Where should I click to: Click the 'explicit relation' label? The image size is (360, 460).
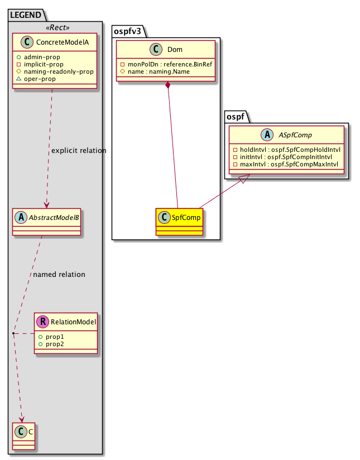pos(78,151)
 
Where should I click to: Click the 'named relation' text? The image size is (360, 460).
pos(59,274)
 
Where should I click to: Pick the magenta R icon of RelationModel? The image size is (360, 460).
pos(42,322)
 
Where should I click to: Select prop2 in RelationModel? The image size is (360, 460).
pos(47,344)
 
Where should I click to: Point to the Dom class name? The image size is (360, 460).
pos(174,50)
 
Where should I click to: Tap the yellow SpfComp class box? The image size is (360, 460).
pos(179,222)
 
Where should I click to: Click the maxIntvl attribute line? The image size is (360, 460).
pos(287,165)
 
